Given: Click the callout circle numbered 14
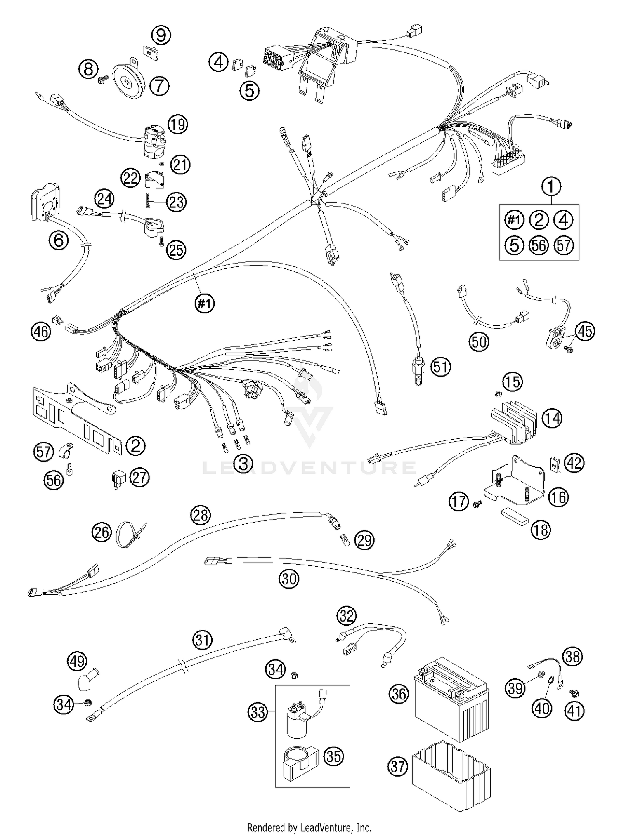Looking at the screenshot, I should [x=552, y=419].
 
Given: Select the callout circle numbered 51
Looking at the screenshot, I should [x=440, y=366].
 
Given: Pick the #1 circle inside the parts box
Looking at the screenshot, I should [x=514, y=220].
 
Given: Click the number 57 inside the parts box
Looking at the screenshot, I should [x=564, y=246].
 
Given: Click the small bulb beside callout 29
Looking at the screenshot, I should [x=343, y=539].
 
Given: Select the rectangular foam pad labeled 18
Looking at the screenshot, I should [x=514, y=516].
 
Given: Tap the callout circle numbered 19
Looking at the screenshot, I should [x=177, y=124].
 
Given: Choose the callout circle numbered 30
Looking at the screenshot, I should [x=289, y=579].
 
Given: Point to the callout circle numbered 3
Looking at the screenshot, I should [x=243, y=464].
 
